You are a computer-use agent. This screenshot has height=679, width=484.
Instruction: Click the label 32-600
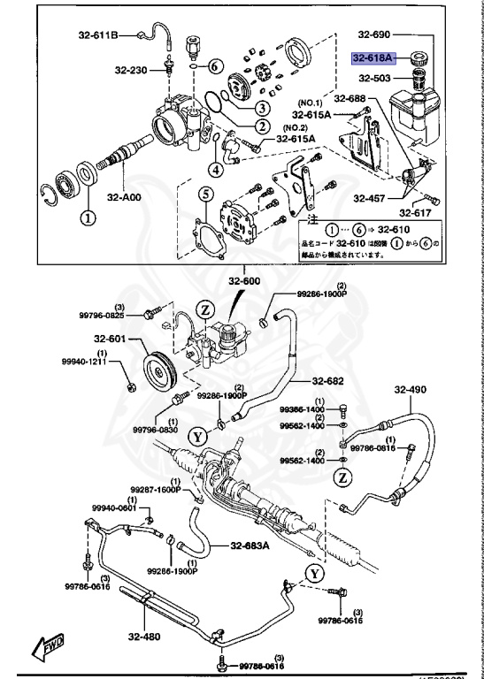click(x=245, y=282)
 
